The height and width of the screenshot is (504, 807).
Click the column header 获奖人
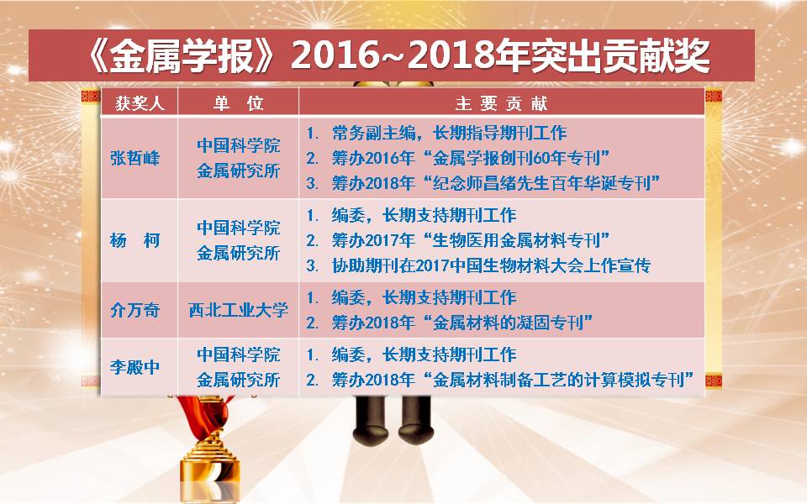[x=140, y=103]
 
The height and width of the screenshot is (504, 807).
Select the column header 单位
[x=238, y=103]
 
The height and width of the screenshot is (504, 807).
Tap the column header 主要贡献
[x=501, y=103]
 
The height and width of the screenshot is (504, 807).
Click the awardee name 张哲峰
[x=134, y=158]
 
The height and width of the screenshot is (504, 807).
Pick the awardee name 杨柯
[x=134, y=240]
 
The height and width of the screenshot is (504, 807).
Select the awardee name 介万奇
[x=134, y=310]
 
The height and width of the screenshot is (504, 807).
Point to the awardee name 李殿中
[x=134, y=367]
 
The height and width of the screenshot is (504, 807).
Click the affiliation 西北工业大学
[x=238, y=310]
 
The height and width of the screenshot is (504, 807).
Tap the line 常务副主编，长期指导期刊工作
[x=436, y=134]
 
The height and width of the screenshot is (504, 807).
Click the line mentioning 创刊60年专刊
[x=458, y=158]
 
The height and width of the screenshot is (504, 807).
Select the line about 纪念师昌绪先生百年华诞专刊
[x=483, y=183]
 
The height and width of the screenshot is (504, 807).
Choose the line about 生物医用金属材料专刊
[x=458, y=240]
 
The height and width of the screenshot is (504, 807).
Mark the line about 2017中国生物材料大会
[x=478, y=265]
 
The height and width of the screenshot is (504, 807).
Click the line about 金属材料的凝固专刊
[x=449, y=323]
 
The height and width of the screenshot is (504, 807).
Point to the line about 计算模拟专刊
[x=499, y=380]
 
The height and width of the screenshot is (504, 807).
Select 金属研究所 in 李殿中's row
[x=238, y=380]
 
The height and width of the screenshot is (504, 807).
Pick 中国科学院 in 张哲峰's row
[x=238, y=145]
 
